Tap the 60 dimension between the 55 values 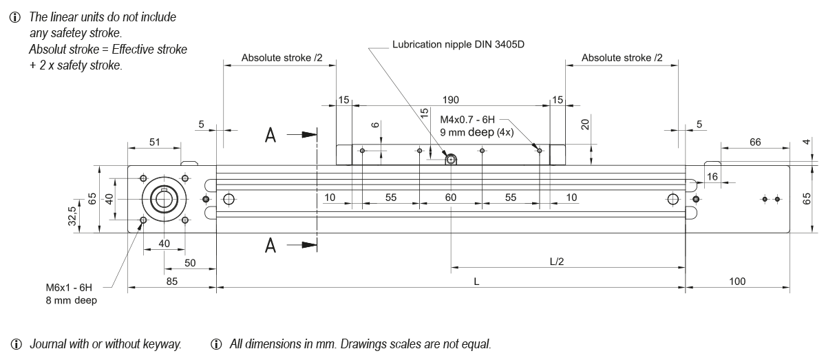(450, 198)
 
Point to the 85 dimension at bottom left (172, 281)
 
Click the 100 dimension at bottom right (737, 281)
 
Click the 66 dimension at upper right (755, 142)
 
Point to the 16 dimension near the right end (712, 178)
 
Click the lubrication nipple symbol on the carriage (450, 160)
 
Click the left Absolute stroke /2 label (282, 58)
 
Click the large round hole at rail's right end (673, 200)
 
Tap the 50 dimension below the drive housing (189, 263)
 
